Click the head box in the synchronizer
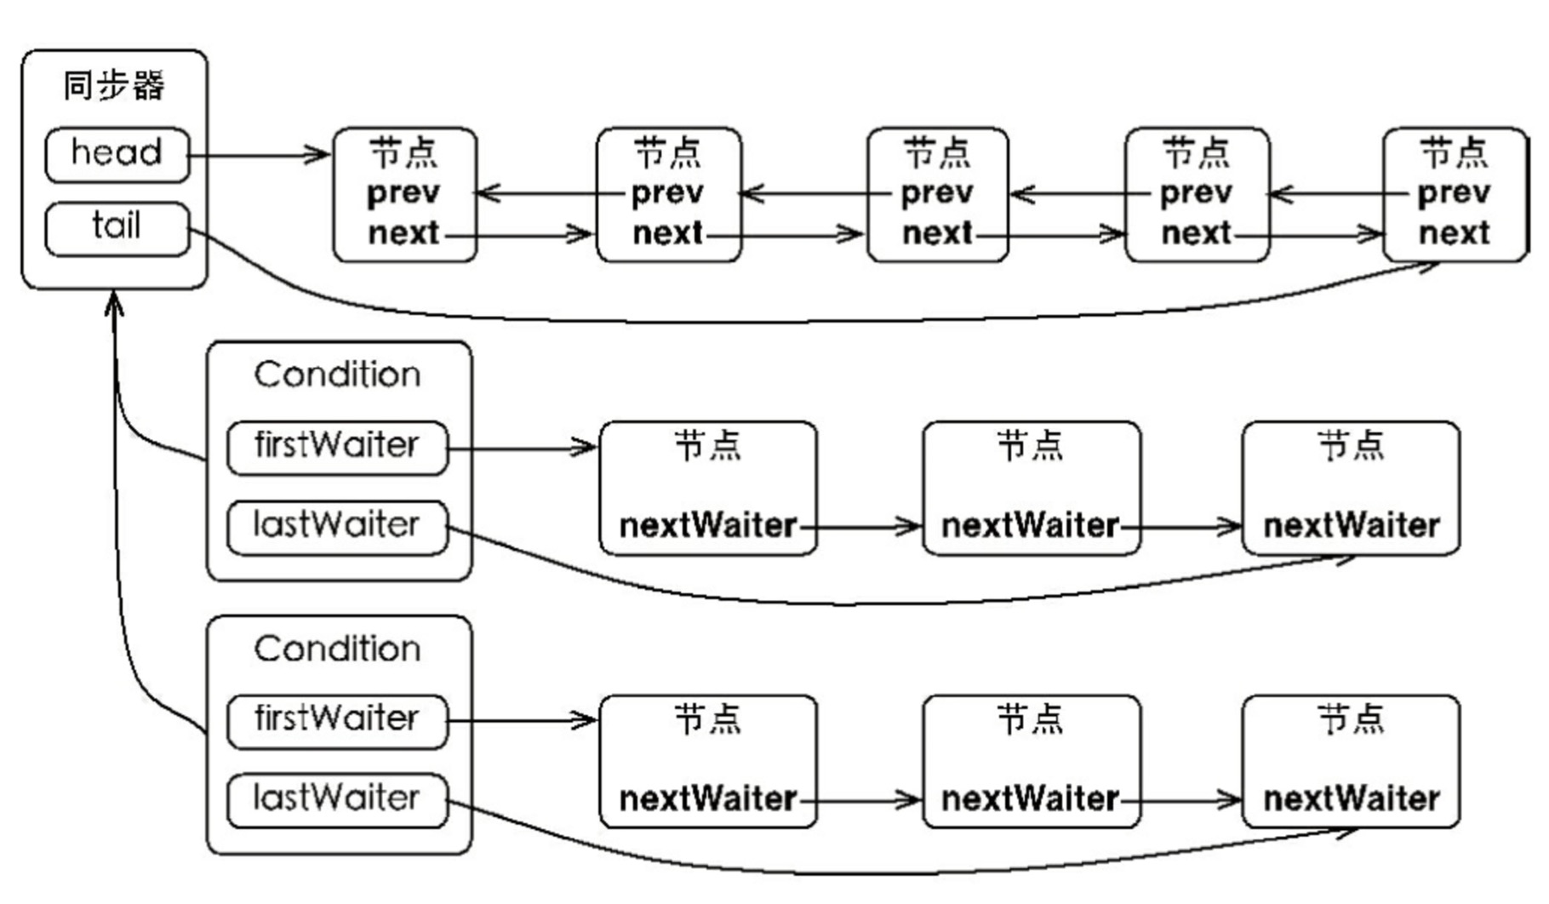pyautogui.click(x=117, y=155)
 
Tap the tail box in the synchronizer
pyautogui.click(x=117, y=228)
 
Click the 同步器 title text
pyautogui.click(x=114, y=86)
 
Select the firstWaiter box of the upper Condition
pyautogui.click(x=337, y=448)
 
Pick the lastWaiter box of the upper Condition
pyautogui.click(x=337, y=528)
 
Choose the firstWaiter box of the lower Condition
pyautogui.click(x=337, y=722)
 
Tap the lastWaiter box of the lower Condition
pyautogui.click(x=337, y=800)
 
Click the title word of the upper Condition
pyautogui.click(x=337, y=375)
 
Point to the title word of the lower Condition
pyautogui.click(x=337, y=649)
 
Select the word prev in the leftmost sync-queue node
pyautogui.click(x=403, y=194)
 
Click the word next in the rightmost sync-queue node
pyautogui.click(x=1454, y=232)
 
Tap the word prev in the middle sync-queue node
pyautogui.click(x=937, y=194)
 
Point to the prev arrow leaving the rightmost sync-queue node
pyautogui.click(x=1340, y=194)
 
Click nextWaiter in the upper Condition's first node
pyautogui.click(x=708, y=526)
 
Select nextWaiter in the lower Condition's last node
pyautogui.click(x=1352, y=799)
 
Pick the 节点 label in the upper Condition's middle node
pyautogui.click(x=1030, y=445)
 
